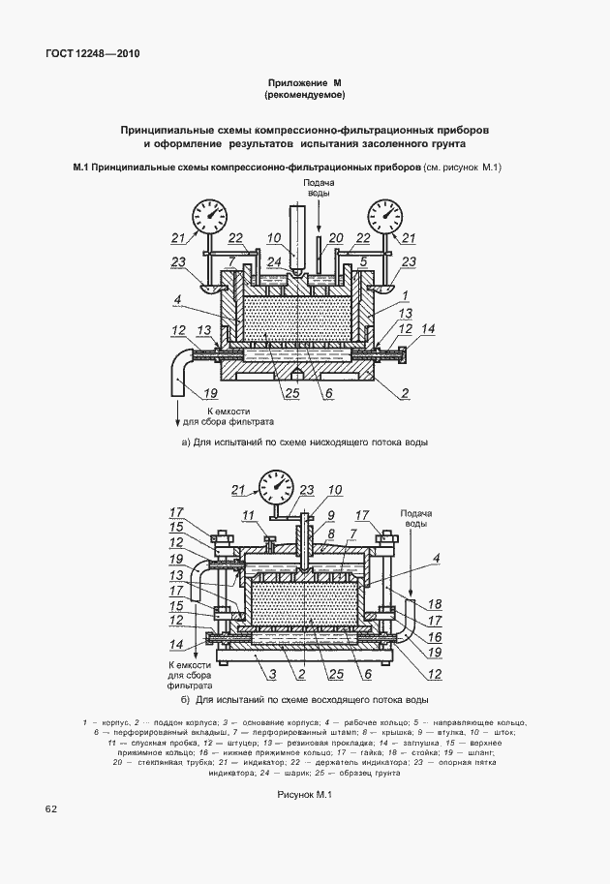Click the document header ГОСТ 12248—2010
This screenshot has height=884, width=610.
tap(92, 54)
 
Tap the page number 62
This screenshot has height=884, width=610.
tap(50, 809)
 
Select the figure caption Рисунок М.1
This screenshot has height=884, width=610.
tap(304, 794)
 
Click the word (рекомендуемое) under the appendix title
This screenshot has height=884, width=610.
tap(305, 95)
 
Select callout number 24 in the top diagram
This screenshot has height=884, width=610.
tap(275, 261)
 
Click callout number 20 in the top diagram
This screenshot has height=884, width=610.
tap(336, 238)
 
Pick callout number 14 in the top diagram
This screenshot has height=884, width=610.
tap(428, 328)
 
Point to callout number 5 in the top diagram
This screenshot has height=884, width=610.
tap(363, 261)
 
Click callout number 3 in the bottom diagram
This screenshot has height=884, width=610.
tap(272, 674)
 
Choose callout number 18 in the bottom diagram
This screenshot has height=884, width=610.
tap(434, 604)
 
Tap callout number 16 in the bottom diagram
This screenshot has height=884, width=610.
tap(434, 637)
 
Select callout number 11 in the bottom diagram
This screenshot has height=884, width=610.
tap(248, 515)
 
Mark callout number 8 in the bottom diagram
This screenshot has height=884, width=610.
tap(331, 533)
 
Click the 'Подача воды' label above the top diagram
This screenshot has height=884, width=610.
tap(319, 187)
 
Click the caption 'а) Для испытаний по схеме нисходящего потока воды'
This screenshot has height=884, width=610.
tap(304, 442)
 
